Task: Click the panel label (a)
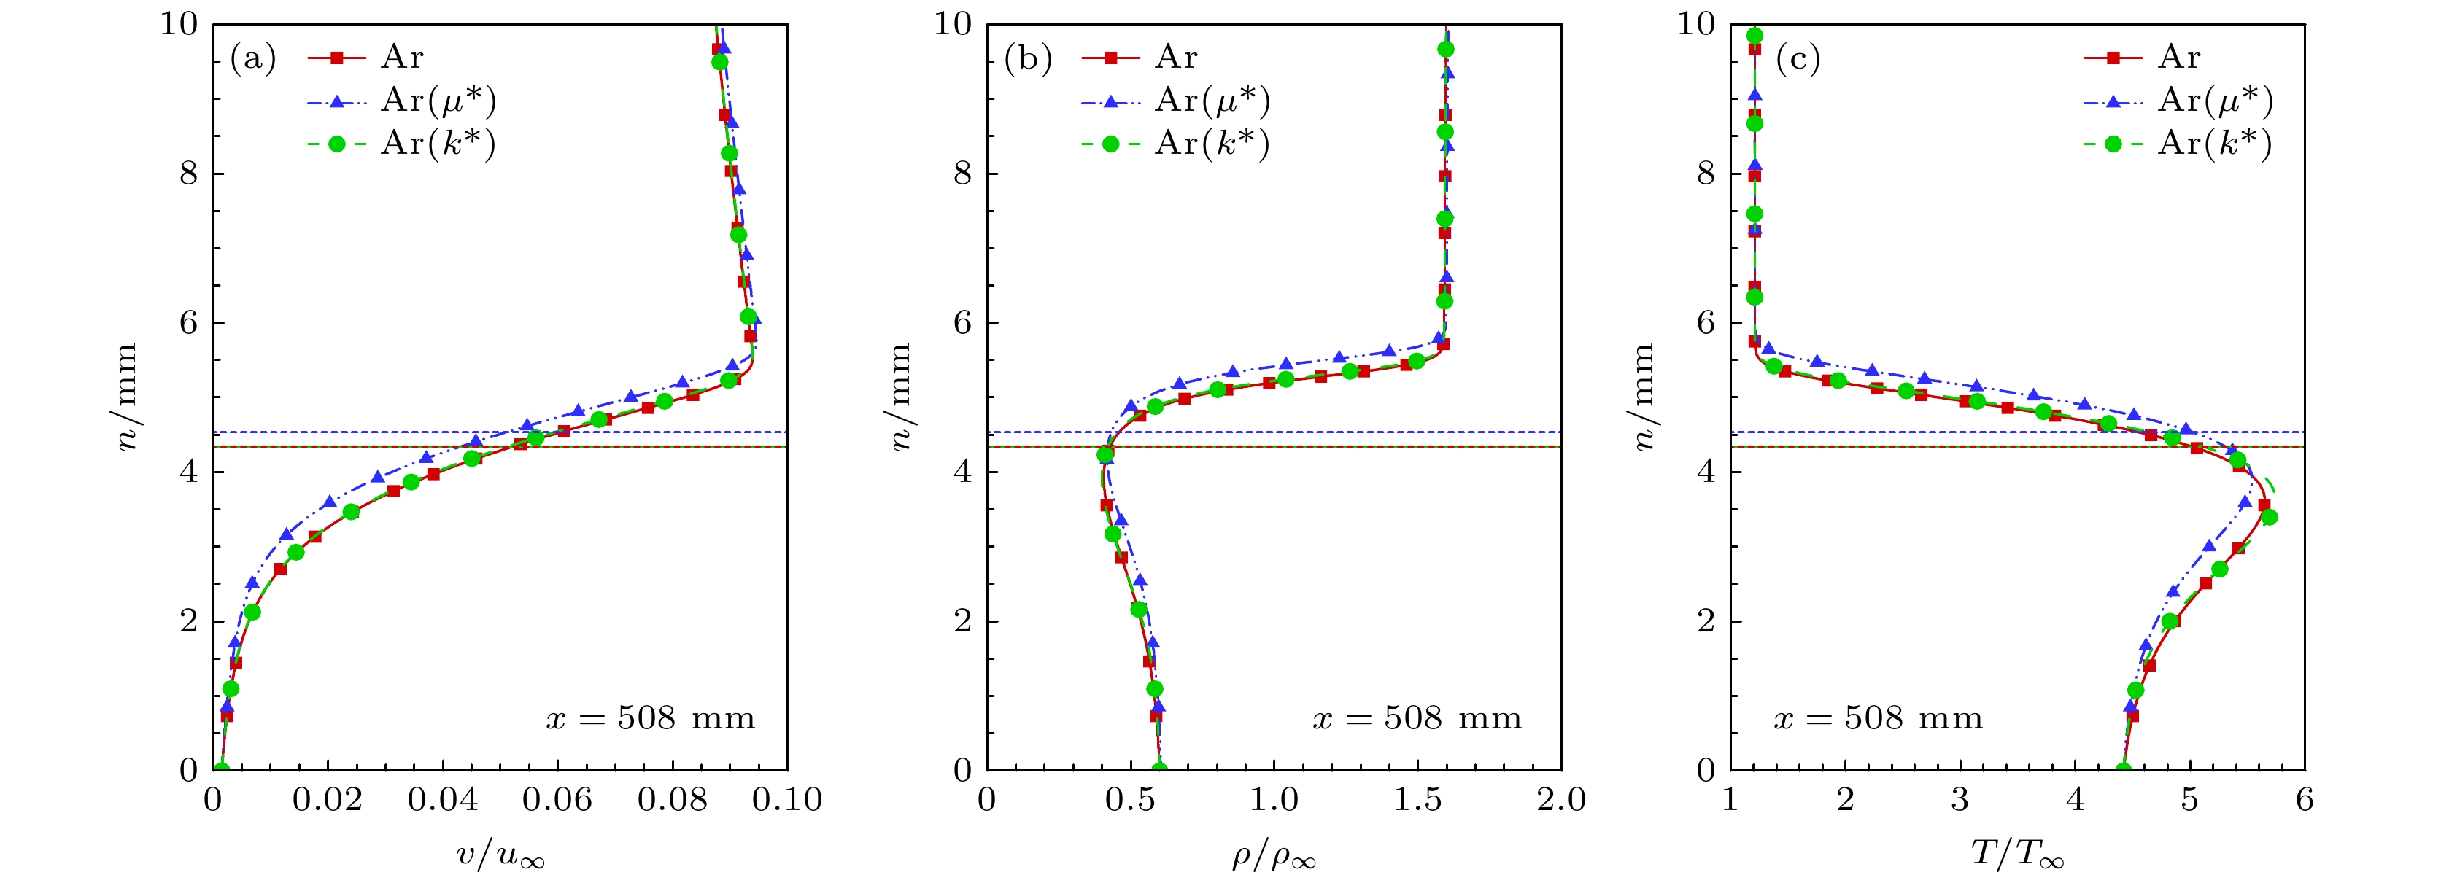tap(253, 59)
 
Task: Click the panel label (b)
tap(1028, 59)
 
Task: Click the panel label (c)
tap(1798, 59)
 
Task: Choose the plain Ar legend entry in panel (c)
tap(2178, 58)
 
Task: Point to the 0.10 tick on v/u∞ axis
tap(786, 801)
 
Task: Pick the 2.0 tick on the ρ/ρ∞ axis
tap(1560, 801)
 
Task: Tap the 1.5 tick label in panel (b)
tap(1417, 801)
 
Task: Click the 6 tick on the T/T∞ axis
tap(2305, 801)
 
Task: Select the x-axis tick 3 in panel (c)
tap(1960, 801)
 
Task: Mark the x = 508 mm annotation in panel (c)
tap(1878, 718)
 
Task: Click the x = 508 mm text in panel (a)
tap(651, 718)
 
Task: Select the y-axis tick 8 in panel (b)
tap(963, 174)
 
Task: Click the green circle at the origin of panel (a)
tap(221, 769)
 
